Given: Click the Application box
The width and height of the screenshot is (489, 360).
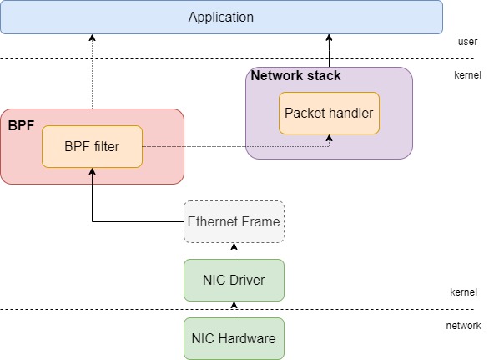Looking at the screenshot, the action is (221, 17).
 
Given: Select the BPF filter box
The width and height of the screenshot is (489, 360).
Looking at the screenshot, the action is (93, 146).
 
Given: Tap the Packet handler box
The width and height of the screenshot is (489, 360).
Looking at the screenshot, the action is (329, 113).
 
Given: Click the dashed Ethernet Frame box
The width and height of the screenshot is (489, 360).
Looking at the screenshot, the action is (234, 221).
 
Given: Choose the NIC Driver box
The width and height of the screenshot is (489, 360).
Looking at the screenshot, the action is (234, 280).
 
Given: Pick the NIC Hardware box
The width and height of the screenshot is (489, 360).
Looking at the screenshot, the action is (234, 338).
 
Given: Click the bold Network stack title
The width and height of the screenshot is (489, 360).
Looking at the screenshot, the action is (295, 75).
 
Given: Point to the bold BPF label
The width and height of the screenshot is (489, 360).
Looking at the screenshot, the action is (21, 125).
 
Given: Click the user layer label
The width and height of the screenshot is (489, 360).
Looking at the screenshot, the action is (467, 42).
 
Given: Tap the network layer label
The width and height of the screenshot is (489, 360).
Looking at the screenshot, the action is (463, 326).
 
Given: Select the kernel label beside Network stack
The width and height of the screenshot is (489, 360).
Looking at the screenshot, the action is (467, 75).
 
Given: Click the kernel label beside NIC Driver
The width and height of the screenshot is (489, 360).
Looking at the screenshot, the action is (463, 292).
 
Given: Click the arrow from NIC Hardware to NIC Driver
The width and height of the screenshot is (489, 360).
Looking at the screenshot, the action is (234, 310).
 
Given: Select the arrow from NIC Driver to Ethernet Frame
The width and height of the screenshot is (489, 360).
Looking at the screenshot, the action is (234, 251).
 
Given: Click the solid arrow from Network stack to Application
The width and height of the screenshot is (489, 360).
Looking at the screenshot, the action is (329, 51).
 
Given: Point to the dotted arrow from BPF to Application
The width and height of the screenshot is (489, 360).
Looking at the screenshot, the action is (93, 72).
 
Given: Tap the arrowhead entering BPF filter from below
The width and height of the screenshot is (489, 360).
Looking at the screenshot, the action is (93, 171).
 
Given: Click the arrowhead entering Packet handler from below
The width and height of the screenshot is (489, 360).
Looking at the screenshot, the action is (329, 138).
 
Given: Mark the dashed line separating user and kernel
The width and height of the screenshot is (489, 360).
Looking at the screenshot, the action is (237, 58).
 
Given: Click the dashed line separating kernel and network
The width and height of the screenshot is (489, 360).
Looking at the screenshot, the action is (237, 310).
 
